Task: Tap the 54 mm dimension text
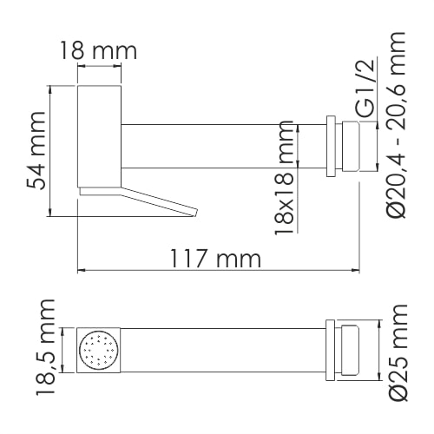pyautogui.click(x=36, y=150)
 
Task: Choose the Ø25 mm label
pyautogui.click(x=398, y=352)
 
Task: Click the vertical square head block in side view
pyautogui.click(x=98, y=135)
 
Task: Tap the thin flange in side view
pyautogui.click(x=330, y=147)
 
